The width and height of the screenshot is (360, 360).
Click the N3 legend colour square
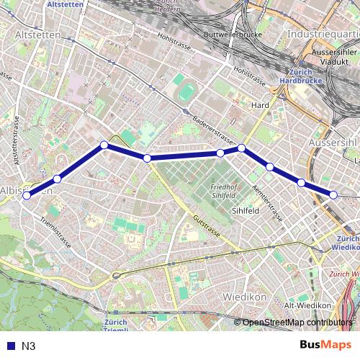tap(9, 346)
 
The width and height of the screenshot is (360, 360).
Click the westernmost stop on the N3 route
tap(27, 195)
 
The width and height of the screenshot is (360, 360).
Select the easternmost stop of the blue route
tap(334, 194)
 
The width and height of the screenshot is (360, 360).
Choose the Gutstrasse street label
tap(205, 225)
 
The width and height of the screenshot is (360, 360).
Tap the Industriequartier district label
tap(323, 34)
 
